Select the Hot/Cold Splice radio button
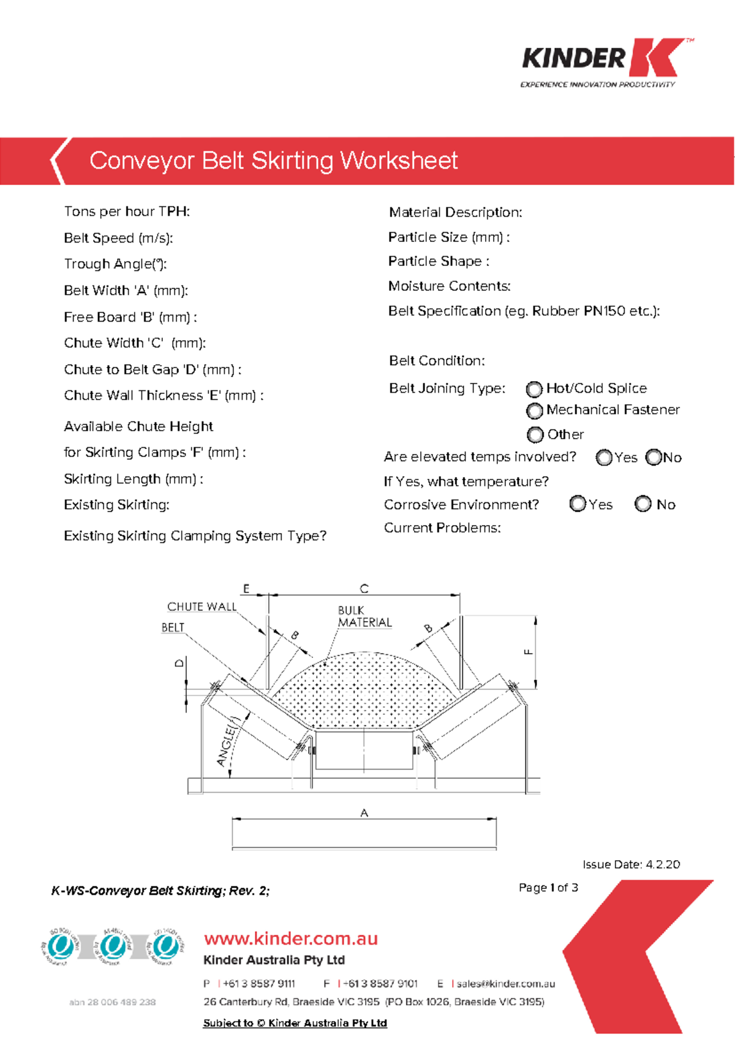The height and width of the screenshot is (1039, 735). pyautogui.click(x=535, y=389)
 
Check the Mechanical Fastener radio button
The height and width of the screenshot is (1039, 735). pyautogui.click(x=535, y=410)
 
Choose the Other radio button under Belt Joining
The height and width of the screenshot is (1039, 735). pyautogui.click(x=535, y=435)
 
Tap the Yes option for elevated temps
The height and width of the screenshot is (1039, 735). pyautogui.click(x=604, y=458)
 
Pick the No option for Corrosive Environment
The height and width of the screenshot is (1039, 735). pyautogui.click(x=643, y=504)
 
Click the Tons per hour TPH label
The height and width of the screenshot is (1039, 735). pyautogui.click(x=127, y=211)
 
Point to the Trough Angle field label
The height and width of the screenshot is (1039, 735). pyautogui.click(x=115, y=264)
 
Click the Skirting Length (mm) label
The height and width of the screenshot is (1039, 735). pyautogui.click(x=133, y=479)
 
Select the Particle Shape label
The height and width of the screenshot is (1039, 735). pyautogui.click(x=438, y=262)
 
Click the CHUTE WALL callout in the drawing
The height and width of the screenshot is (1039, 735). pyautogui.click(x=202, y=606)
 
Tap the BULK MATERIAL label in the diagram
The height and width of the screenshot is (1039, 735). pyautogui.click(x=364, y=617)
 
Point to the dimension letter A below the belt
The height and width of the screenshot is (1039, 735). pyautogui.click(x=364, y=813)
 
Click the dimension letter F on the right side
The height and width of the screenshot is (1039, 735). pyautogui.click(x=529, y=652)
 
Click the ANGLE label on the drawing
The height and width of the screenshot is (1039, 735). pyautogui.click(x=227, y=744)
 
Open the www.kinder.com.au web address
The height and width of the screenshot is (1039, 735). pyautogui.click(x=291, y=939)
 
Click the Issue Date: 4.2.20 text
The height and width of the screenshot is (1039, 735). pyautogui.click(x=631, y=864)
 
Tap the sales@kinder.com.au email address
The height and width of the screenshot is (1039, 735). pyautogui.click(x=505, y=984)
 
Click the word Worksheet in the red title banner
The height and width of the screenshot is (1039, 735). pyautogui.click(x=399, y=161)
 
